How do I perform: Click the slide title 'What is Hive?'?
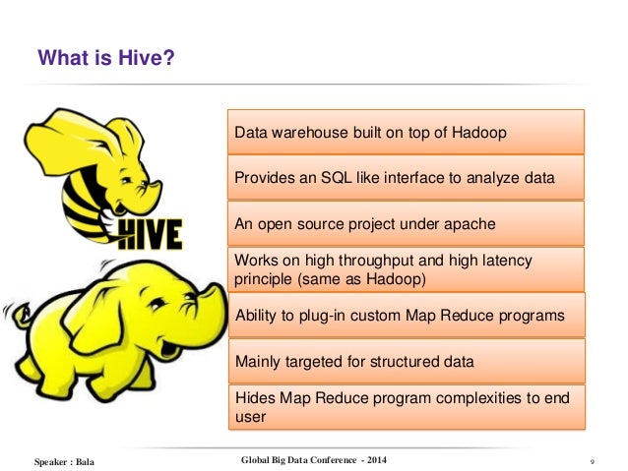coord(106,61)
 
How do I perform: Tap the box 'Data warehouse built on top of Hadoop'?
coord(406,133)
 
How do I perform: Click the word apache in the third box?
coord(471,224)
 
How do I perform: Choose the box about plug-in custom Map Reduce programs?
coord(406,316)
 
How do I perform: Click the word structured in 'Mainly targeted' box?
coord(405,362)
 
